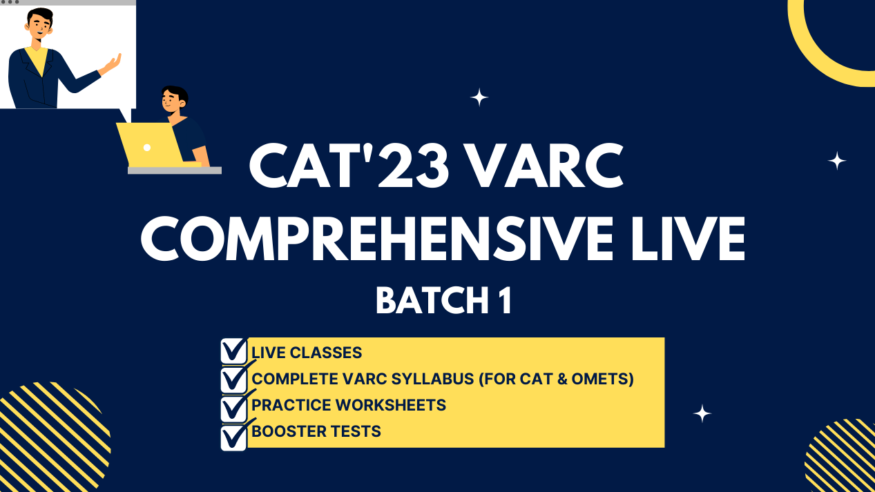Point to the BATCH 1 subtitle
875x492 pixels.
pos(443,301)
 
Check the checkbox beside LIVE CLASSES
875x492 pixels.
pos(233,351)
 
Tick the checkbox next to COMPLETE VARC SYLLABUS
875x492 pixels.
pos(233,379)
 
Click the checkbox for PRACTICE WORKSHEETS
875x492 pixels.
pos(233,407)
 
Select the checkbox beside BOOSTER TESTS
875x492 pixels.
pos(233,437)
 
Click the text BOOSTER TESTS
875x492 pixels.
pos(316,432)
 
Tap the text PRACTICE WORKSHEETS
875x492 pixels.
pos(349,405)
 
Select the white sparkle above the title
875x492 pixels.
pos(479,97)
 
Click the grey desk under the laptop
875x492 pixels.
pos(175,170)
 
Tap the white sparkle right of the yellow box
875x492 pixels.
pos(702,413)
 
